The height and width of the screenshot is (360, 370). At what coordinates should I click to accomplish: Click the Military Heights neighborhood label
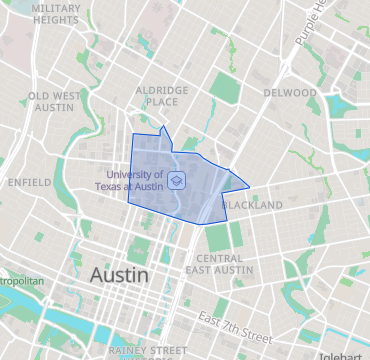[56, 13]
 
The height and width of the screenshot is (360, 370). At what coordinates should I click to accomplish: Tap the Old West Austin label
[54, 102]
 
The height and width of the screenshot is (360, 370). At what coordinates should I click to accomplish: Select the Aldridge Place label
[162, 95]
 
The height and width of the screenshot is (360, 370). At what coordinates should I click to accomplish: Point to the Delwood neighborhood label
[289, 92]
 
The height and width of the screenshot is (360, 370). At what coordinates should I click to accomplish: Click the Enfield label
[28, 183]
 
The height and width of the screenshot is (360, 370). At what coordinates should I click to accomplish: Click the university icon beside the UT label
[176, 180]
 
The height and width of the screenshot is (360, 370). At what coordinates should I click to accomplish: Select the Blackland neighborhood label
[252, 205]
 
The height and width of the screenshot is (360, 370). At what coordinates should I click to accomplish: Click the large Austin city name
[119, 274]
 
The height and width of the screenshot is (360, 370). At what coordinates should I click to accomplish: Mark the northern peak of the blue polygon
[163, 127]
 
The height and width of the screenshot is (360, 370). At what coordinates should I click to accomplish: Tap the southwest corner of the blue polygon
[128, 201]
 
